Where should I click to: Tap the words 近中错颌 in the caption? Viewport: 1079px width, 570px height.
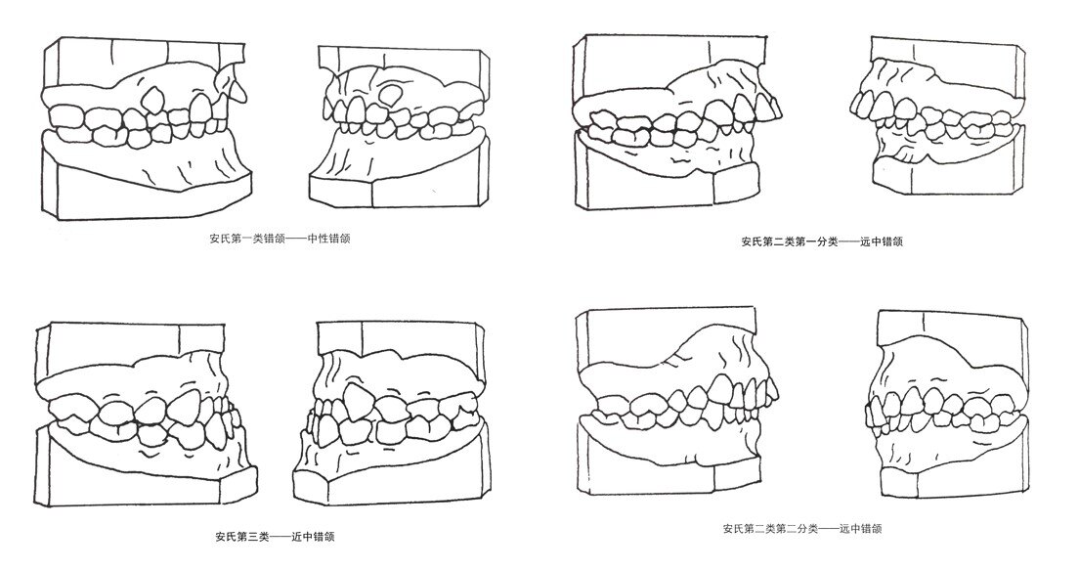pyautogui.click(x=317, y=537)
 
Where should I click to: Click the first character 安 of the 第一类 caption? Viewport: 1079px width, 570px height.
pyautogui.click(x=214, y=238)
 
